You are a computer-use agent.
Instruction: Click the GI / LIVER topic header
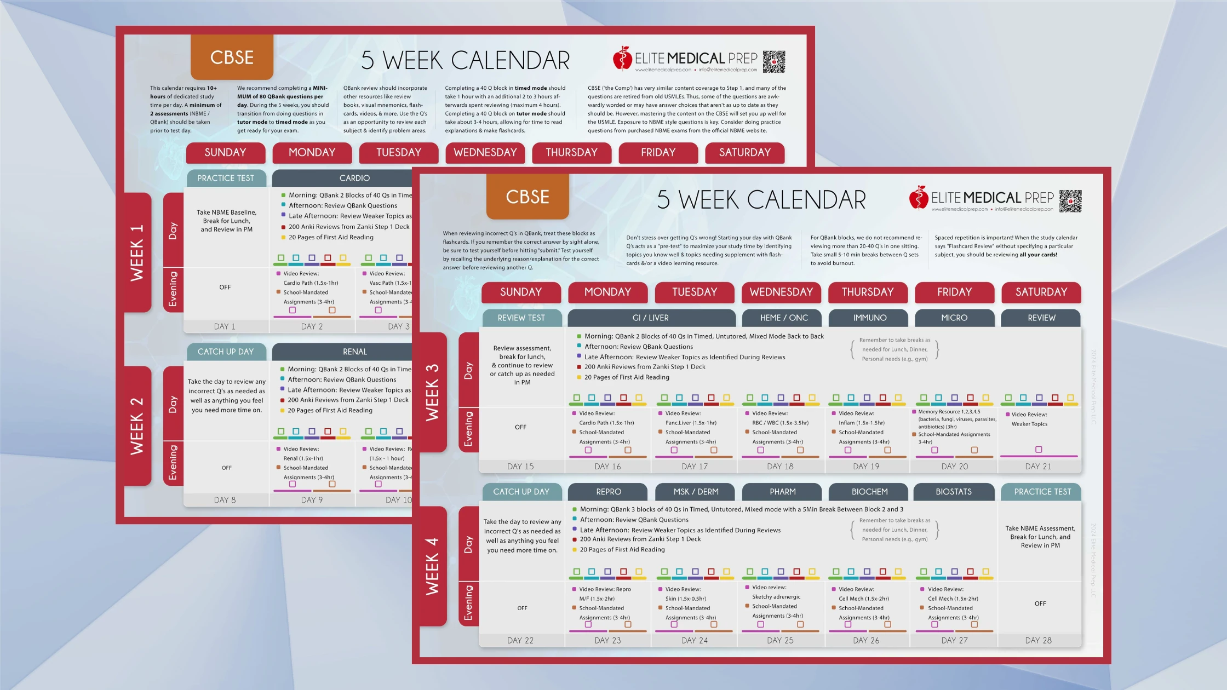(x=651, y=318)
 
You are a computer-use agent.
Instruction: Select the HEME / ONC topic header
(x=783, y=318)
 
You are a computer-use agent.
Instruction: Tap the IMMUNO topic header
(x=869, y=318)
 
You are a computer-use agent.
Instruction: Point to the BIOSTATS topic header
(x=954, y=492)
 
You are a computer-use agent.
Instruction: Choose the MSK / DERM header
(x=696, y=492)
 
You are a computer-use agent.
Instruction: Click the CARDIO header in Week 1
(x=354, y=178)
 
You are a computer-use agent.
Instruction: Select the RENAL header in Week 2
(x=354, y=352)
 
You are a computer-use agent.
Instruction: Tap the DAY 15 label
(x=520, y=467)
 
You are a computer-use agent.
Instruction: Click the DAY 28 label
(x=1039, y=640)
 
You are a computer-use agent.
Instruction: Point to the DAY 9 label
(x=312, y=500)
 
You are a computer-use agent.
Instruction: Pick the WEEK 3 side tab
(x=432, y=392)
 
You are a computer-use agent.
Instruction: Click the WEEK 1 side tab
(x=137, y=252)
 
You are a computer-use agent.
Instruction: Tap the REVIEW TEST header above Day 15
(x=521, y=318)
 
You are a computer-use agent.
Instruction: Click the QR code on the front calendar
(x=1070, y=201)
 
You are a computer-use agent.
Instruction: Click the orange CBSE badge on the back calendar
(x=232, y=58)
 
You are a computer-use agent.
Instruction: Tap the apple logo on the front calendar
(x=918, y=198)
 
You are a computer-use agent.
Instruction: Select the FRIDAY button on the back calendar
(x=658, y=152)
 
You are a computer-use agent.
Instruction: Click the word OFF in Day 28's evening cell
(x=1040, y=603)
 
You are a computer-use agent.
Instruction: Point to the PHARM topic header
(x=783, y=492)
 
